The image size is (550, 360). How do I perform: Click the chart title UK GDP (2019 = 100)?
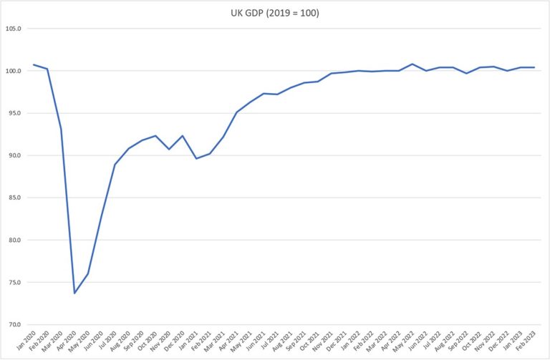point(274,12)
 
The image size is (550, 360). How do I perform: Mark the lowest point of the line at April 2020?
point(74,293)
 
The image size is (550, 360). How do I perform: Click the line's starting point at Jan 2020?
point(34,64)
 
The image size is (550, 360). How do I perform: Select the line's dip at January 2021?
point(196,158)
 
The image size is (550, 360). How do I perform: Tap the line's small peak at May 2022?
point(412,64)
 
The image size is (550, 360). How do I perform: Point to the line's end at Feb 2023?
point(534,67)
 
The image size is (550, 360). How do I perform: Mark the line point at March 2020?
point(61,129)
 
